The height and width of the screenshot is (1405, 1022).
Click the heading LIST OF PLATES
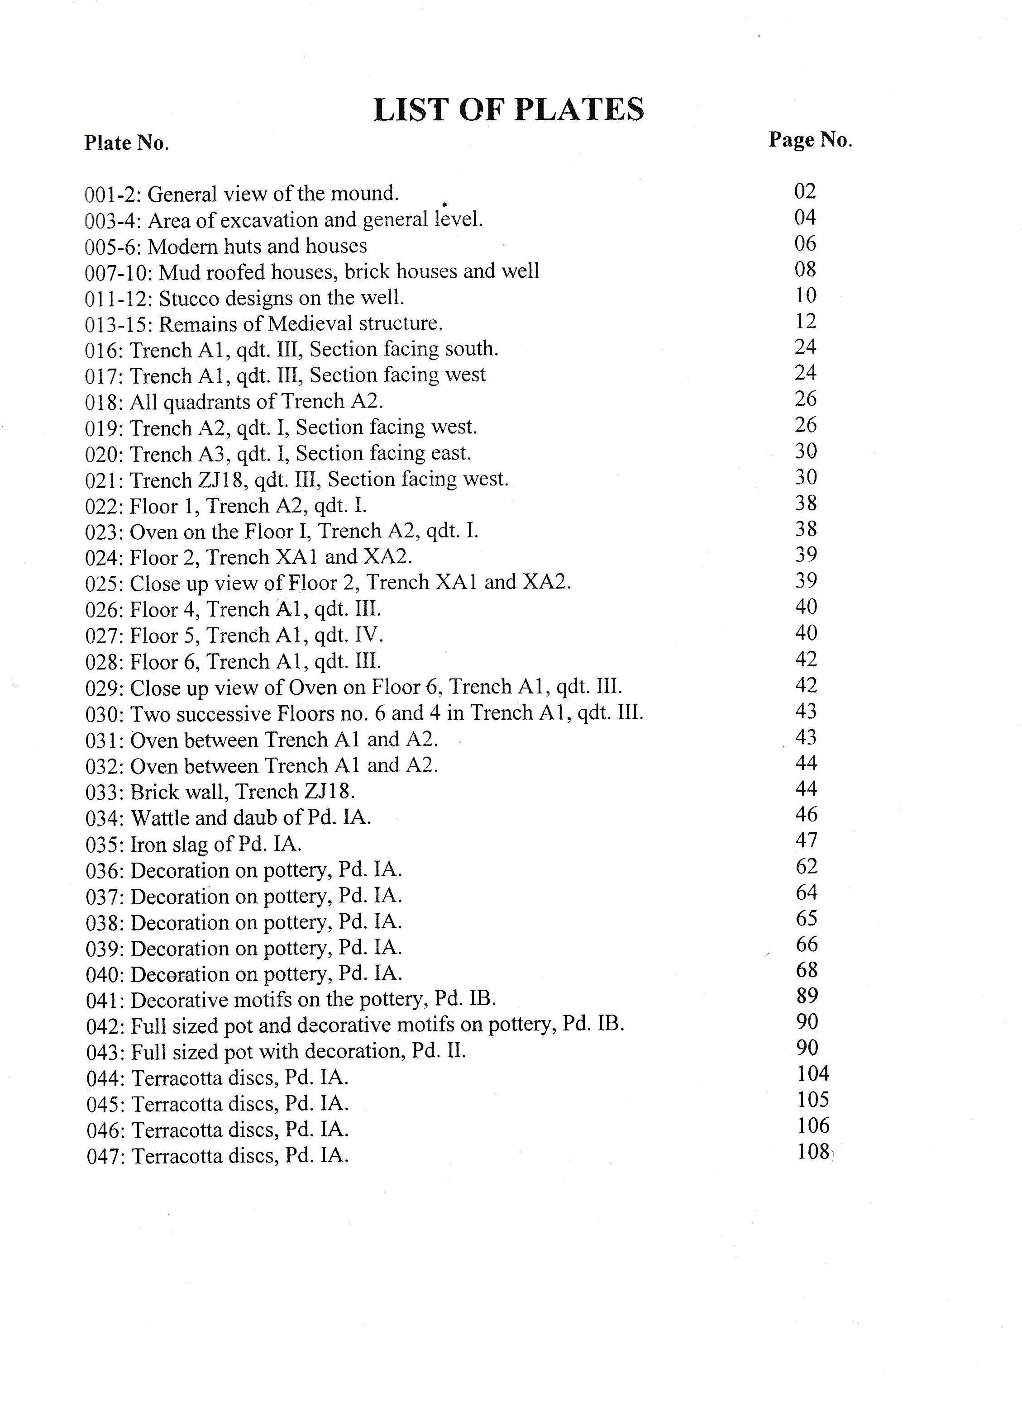[x=508, y=109]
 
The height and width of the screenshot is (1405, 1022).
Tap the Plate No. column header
[x=126, y=143]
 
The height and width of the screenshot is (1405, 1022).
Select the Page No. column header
[x=810, y=140]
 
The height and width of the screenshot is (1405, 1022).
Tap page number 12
[x=806, y=321]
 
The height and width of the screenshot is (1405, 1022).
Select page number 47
[x=806, y=840]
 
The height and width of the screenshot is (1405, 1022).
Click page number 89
[x=807, y=996]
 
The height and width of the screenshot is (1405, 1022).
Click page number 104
[x=812, y=1073]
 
